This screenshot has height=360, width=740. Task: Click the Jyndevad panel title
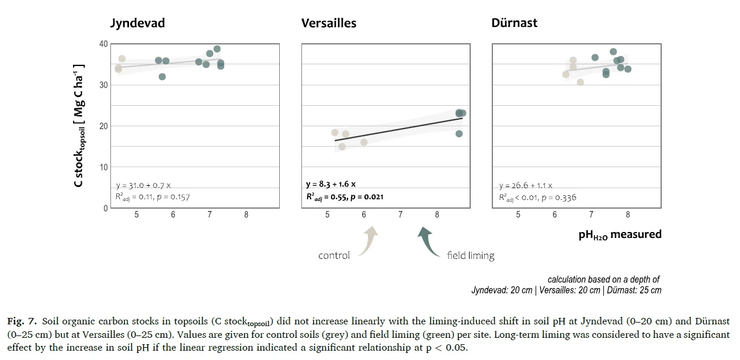pyautogui.click(x=137, y=23)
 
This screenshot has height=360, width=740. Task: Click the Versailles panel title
pyautogui.click(x=328, y=23)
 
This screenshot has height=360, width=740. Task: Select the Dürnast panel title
pyautogui.click(x=514, y=23)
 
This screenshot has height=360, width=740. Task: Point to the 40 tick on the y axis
pyautogui.click(x=103, y=44)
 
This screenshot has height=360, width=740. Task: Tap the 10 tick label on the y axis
pyautogui.click(x=103, y=167)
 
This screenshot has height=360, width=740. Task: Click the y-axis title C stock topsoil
pyautogui.click(x=78, y=125)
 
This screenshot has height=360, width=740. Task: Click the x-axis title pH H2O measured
pyautogui.click(x=620, y=235)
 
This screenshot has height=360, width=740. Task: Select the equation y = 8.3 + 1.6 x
pyautogui.click(x=331, y=185)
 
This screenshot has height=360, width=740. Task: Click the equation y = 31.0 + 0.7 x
pyautogui.click(x=143, y=185)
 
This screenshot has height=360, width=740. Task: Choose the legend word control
pyautogui.click(x=334, y=255)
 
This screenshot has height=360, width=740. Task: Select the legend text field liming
pyautogui.click(x=470, y=255)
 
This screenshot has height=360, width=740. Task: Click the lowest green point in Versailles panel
pyautogui.click(x=459, y=134)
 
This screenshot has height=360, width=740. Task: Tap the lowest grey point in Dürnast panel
pyautogui.click(x=580, y=82)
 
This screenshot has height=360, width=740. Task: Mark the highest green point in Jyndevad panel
pyautogui.click(x=217, y=49)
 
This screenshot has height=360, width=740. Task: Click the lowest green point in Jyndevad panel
pyautogui.click(x=162, y=77)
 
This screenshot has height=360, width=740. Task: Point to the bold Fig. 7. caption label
pyautogui.click(x=22, y=321)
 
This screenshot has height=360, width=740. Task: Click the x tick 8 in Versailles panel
pyautogui.click(x=437, y=215)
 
